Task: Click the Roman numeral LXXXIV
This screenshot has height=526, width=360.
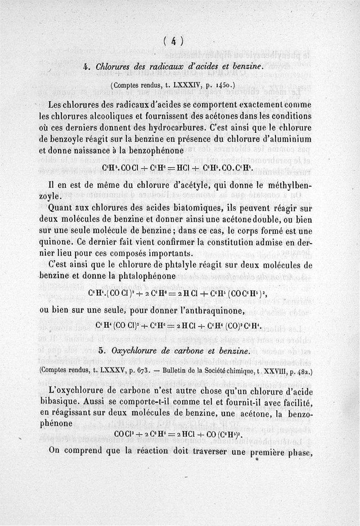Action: pyautogui.click(x=176, y=84)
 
